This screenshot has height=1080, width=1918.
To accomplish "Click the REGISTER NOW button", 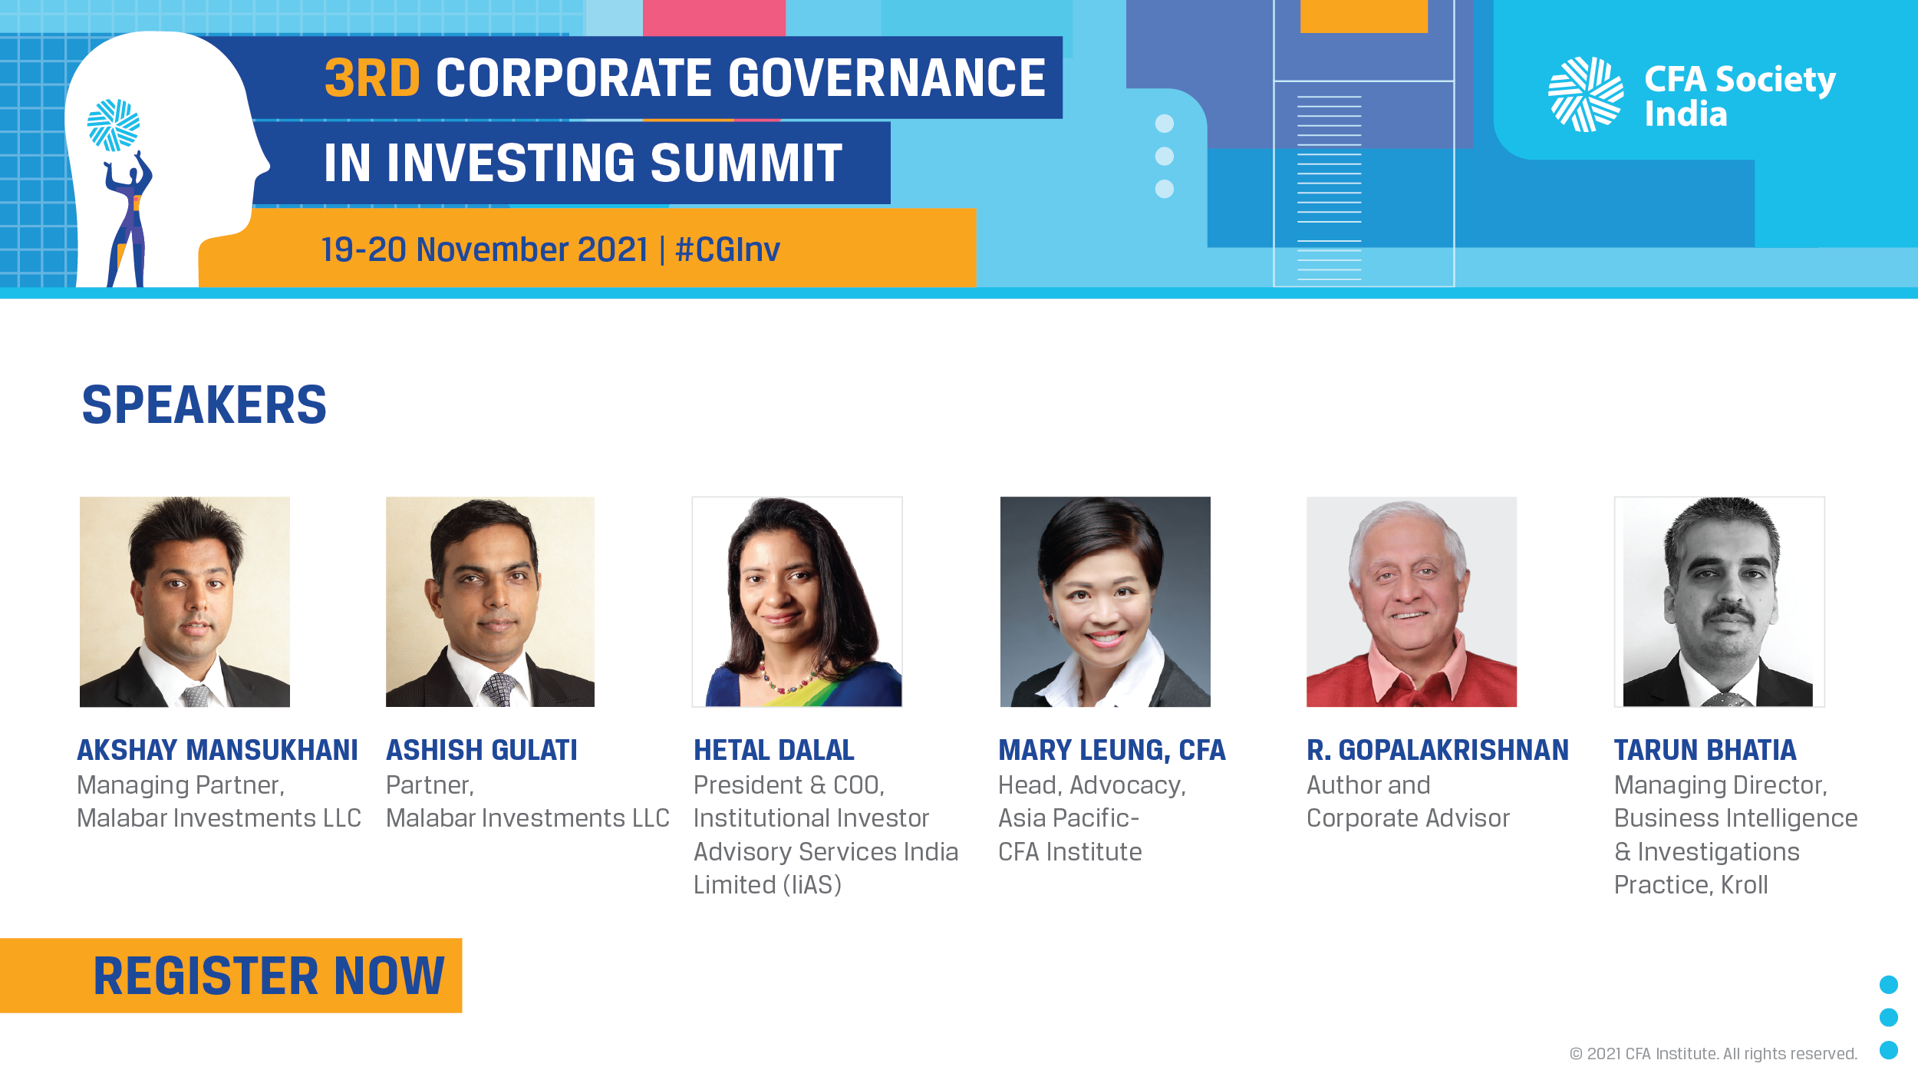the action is tap(231, 975).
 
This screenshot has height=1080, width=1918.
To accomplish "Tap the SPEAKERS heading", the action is tap(204, 405).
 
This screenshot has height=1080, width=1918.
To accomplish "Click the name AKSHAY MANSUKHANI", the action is tap(218, 750).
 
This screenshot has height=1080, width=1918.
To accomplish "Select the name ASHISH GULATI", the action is tap(482, 750).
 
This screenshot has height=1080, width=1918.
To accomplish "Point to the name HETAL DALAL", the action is tap(774, 750).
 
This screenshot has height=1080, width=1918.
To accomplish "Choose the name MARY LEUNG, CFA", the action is tap(1112, 750).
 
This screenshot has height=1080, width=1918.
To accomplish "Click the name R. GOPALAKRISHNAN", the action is tap(1438, 750).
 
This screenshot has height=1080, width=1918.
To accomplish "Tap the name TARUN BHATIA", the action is tap(1705, 750).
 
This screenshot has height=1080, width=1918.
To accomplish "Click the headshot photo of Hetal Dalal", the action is tap(797, 602).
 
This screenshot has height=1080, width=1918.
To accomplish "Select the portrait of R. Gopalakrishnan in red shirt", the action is tap(1412, 602).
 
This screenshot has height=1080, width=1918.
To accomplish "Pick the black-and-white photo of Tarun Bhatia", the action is tap(1719, 602).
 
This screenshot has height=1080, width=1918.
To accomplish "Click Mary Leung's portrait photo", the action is tap(1106, 602).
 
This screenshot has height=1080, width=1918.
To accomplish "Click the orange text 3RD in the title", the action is tap(372, 78).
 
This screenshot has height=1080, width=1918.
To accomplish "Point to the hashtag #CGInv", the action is tap(727, 250).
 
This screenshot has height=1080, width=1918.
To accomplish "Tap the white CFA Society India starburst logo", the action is tap(1586, 94).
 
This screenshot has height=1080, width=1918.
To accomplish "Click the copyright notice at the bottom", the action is tap(1713, 1054).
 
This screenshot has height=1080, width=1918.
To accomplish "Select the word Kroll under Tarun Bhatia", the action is tap(1744, 885).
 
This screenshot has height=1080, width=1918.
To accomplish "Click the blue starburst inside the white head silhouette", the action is tap(114, 125).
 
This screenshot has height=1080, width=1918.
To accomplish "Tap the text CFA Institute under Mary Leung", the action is tap(1069, 852).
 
